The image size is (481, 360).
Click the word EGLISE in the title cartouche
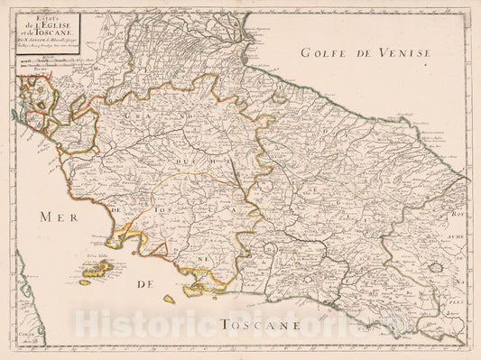87,24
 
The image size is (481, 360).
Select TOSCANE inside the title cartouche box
79,33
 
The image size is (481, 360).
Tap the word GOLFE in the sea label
322,53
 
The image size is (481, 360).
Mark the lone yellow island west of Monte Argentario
169,299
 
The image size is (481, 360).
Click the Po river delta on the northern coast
245,47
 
